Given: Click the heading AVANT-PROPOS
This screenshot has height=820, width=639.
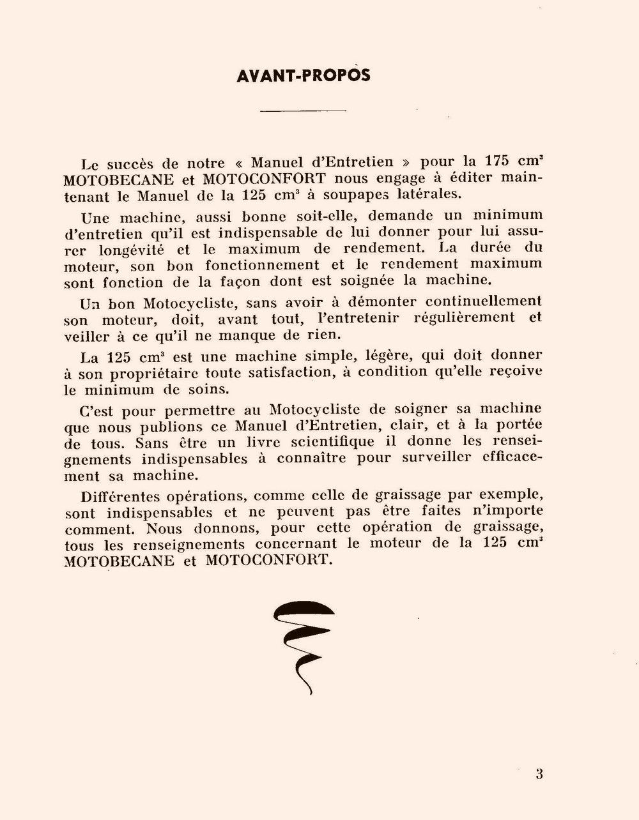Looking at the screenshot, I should click(x=303, y=75).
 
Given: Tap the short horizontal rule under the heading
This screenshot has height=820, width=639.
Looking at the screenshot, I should click(x=304, y=111).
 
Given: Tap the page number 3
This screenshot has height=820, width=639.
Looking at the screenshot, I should click(x=539, y=775).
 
